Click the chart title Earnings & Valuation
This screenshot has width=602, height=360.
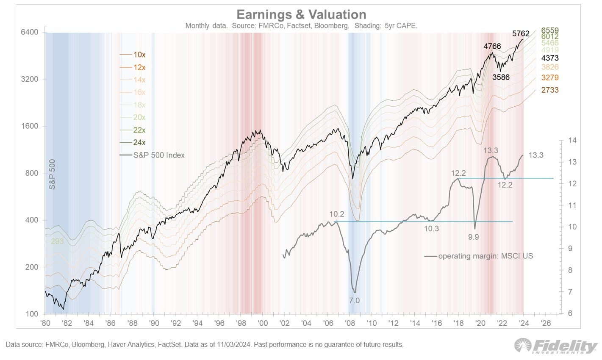301,14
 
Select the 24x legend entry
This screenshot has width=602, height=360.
139,143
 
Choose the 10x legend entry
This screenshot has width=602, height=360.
139,55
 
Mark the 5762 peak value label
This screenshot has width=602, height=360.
521,33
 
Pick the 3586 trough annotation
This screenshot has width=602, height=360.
501,78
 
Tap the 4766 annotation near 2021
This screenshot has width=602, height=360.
492,46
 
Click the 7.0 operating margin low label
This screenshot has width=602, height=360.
354,301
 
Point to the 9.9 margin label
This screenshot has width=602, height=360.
473,237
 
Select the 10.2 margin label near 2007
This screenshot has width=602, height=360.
337,214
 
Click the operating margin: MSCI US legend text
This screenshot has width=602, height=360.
485,256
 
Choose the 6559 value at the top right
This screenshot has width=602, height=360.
550,30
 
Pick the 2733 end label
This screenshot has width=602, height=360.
550,90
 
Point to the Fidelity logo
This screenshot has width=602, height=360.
555,346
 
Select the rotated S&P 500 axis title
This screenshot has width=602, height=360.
53,175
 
